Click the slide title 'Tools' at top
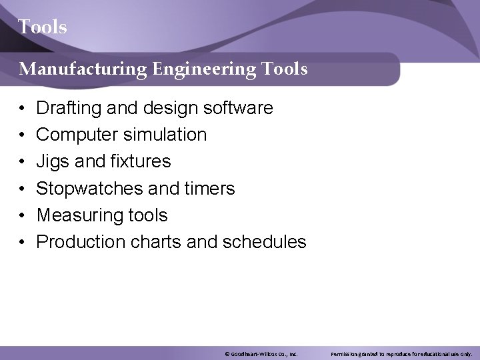click(x=43, y=27)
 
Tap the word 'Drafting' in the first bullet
click(x=65, y=108)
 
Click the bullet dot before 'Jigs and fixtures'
click(x=22, y=162)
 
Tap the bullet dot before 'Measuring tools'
click(x=22, y=216)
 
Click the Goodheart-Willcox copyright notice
click(x=261, y=354)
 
